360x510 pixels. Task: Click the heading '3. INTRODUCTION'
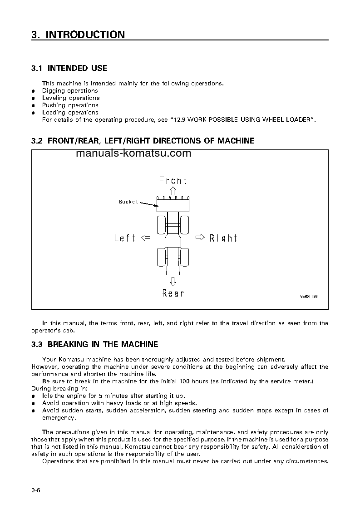point(78,35)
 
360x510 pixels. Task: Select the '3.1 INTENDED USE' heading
point(69,68)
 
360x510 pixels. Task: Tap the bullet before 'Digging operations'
point(33,91)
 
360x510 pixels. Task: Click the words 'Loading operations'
point(70,112)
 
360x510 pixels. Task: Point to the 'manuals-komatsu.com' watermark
point(133,153)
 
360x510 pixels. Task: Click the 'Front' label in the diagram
point(173,181)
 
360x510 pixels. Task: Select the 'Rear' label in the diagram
point(173,293)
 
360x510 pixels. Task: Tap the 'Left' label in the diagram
point(125,238)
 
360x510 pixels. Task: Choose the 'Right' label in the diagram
point(223,238)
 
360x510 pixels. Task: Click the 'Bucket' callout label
point(128,202)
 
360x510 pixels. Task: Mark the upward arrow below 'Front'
point(173,191)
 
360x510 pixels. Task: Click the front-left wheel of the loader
point(162,225)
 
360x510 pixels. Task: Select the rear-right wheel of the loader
point(184,257)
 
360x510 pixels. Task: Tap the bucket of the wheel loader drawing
point(173,205)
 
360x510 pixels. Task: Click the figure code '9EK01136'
point(309,295)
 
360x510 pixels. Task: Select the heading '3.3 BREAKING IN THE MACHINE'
point(94,344)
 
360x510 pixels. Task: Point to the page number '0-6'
point(36,490)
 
